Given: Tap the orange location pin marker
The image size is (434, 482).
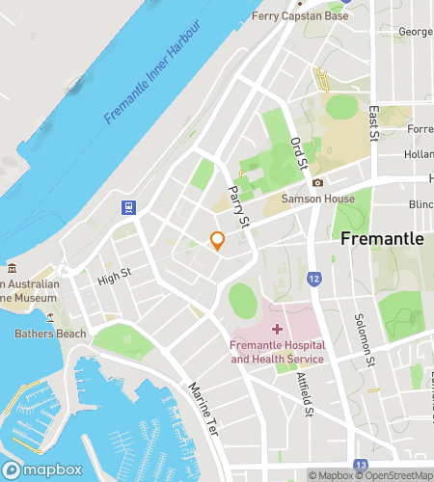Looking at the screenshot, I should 218,241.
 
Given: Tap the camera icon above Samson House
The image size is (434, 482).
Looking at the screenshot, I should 317,182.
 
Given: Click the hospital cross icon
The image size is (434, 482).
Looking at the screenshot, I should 278,330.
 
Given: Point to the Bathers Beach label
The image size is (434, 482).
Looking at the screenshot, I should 50,335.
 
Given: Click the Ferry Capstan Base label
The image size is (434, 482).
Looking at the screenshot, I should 299,16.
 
